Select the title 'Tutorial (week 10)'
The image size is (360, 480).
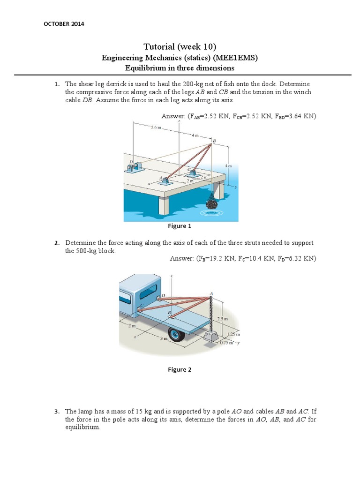pyautogui.click(x=180, y=46)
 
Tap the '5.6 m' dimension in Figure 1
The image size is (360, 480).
pyautogui.click(x=156, y=127)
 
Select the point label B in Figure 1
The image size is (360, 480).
pyautogui.click(x=215, y=141)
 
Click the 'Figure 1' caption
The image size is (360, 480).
pyautogui.click(x=180, y=226)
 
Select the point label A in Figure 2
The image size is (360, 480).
pyautogui.click(x=211, y=294)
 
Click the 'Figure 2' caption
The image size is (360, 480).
pyautogui.click(x=180, y=369)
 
